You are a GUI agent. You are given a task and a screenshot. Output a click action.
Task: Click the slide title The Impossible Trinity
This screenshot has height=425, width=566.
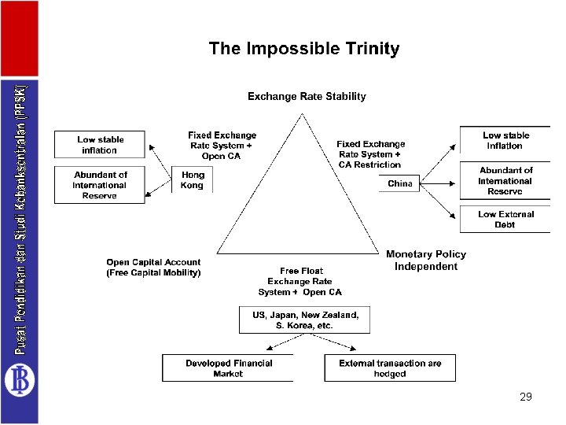[304, 49]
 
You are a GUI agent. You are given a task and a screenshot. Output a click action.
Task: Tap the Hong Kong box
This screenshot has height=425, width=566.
[192, 179]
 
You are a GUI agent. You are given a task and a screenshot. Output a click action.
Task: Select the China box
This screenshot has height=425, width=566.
[399, 183]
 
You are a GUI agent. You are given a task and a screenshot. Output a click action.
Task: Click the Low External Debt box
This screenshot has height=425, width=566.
[505, 219]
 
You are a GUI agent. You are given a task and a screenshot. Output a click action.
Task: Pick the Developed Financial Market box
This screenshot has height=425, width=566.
[228, 368]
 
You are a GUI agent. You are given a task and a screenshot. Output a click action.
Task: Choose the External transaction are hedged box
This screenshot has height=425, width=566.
[390, 368]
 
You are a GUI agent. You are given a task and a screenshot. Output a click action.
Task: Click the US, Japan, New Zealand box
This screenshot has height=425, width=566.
[304, 320]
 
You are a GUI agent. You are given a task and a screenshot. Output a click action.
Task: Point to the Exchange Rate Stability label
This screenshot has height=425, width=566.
[307, 97]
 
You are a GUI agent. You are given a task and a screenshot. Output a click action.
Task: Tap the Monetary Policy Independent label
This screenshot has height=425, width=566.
[426, 261]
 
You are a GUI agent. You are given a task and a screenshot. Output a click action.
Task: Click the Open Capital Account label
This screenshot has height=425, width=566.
[153, 268]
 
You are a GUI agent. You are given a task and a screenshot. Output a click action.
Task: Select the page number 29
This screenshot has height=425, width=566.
[526, 397]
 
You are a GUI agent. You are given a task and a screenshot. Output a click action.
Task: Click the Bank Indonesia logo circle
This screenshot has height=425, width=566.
[20, 380]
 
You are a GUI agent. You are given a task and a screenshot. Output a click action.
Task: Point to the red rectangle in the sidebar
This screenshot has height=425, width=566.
[20, 39]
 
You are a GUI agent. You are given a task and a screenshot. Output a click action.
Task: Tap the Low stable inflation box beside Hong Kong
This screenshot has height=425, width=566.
[100, 145]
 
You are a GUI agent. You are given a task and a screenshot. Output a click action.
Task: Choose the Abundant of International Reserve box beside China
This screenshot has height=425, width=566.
[505, 181]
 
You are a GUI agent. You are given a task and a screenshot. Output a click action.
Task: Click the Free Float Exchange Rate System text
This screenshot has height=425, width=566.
[300, 282]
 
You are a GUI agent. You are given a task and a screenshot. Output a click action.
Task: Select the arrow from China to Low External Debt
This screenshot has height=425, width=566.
[438, 201]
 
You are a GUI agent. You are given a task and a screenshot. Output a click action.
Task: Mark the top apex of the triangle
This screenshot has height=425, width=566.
[302, 114]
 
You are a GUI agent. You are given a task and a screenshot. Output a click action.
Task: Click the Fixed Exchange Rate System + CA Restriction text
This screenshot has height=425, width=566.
[371, 154]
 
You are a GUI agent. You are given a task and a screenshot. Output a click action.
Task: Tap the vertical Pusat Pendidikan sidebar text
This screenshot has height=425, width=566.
[20, 220]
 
